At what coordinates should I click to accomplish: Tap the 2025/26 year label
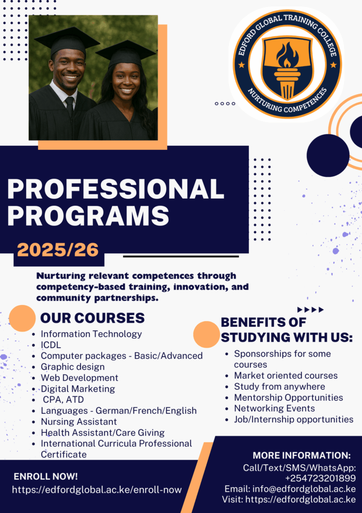coord(58,250)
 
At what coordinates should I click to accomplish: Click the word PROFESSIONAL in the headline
coord(115,189)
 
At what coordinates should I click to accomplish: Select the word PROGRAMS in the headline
coord(88,216)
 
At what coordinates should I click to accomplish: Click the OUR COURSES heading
coord(92,318)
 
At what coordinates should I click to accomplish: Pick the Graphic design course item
coord(73,367)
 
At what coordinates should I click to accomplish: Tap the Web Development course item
coord(79,378)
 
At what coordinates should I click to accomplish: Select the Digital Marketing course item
coord(77,389)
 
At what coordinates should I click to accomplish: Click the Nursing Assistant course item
coord(78,421)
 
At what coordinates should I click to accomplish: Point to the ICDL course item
coord(51,345)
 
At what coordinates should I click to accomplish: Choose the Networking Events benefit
coord(274,408)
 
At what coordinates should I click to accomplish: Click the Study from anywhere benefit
coord(279,387)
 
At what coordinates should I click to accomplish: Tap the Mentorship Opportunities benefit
coord(288,397)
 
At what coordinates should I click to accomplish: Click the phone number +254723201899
coord(320,478)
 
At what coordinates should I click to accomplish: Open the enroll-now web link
coord(96,490)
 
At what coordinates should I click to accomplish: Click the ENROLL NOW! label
coord(45,476)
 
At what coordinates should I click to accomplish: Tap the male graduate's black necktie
coord(69,106)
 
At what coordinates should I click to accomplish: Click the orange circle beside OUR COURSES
coord(22,318)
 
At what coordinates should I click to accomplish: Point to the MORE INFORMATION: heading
coord(301,455)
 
